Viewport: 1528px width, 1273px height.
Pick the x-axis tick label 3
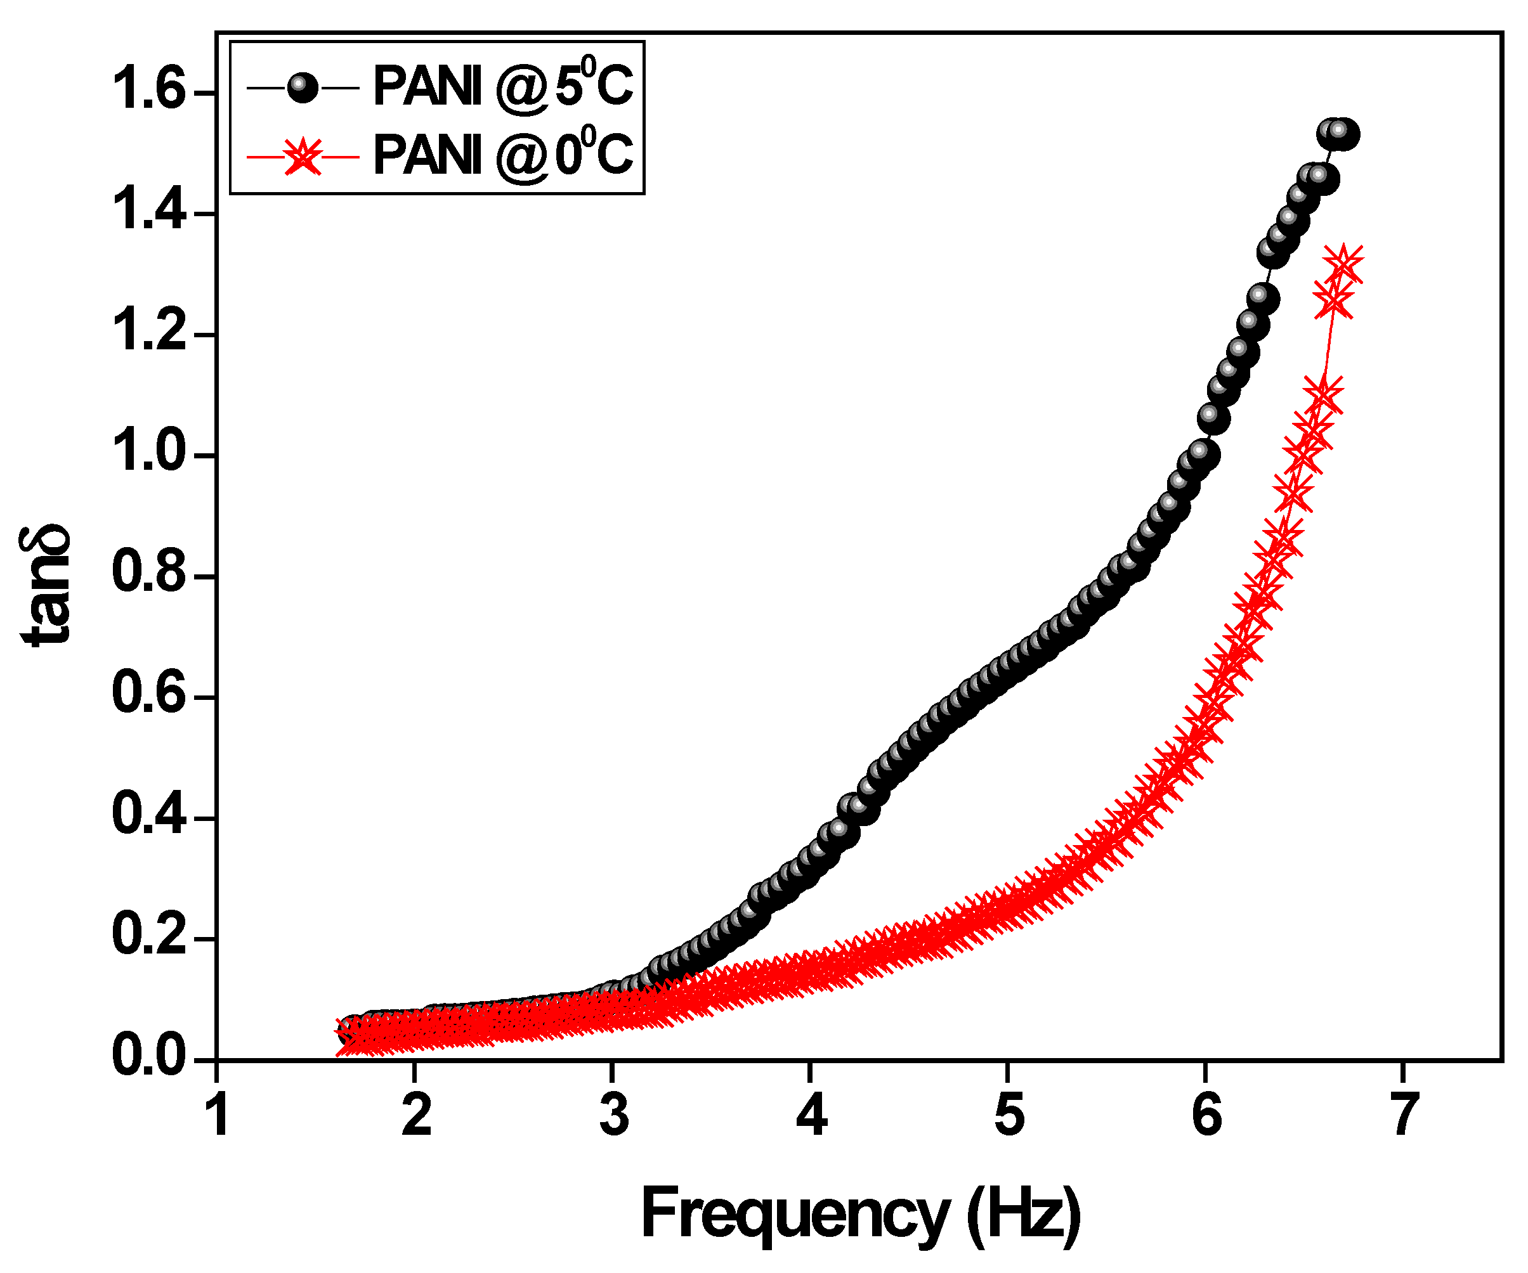(x=613, y=1115)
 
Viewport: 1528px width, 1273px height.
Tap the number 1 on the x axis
(x=217, y=1115)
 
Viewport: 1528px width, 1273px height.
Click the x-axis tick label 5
(x=1009, y=1115)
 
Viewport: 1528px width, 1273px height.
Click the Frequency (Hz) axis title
(x=860, y=1213)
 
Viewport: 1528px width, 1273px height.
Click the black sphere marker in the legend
(x=303, y=88)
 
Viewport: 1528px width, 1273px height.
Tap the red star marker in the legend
(x=303, y=157)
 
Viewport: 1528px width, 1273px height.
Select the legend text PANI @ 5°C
(x=502, y=86)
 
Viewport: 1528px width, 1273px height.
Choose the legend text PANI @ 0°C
(x=502, y=155)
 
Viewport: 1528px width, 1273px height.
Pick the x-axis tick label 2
(x=416, y=1115)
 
